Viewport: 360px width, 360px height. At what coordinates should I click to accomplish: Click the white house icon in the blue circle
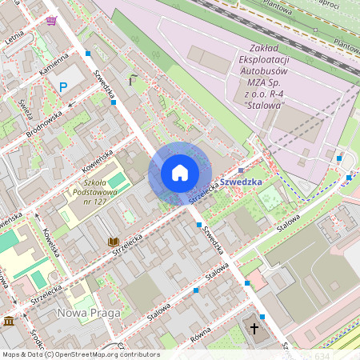click(179, 173)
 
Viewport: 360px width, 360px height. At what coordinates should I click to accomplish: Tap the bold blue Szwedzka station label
click(241, 182)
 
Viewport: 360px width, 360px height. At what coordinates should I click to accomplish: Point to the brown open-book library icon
click(114, 241)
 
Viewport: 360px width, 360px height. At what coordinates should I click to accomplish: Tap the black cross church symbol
click(255, 329)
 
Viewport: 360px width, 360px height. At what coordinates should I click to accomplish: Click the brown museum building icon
click(9, 321)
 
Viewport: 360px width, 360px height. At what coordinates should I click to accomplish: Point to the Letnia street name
click(14, 37)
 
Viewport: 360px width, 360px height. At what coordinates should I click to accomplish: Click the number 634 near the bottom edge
click(322, 354)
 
